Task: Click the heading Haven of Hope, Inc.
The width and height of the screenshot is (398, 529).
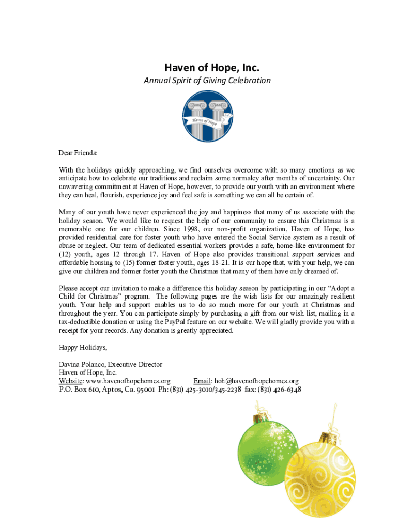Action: (x=204, y=68)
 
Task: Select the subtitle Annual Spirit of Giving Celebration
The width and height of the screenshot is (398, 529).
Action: (x=207, y=81)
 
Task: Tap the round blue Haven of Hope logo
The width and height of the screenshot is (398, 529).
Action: (x=208, y=117)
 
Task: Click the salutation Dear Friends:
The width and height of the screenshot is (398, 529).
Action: (x=78, y=153)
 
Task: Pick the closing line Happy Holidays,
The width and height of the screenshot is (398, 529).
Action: (x=83, y=347)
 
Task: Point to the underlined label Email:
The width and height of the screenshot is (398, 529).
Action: (x=203, y=381)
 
